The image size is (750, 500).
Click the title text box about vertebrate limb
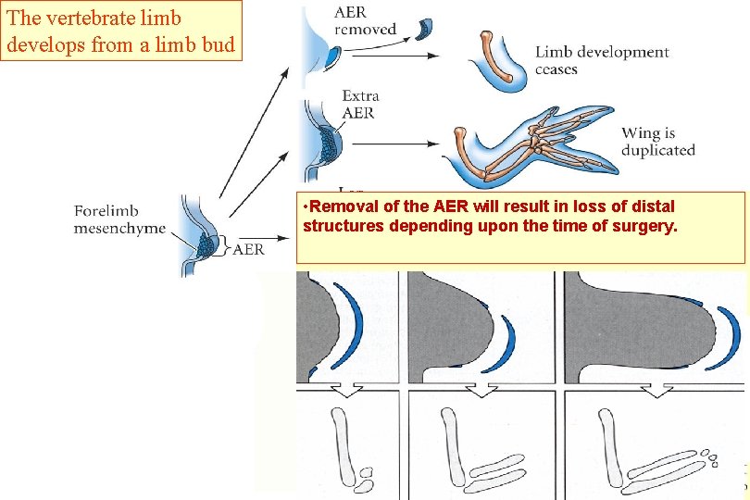[121, 31]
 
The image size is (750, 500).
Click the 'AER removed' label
[366, 19]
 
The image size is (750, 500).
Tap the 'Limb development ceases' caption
[601, 60]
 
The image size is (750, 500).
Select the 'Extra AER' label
[360, 104]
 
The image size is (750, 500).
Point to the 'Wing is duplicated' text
[657, 142]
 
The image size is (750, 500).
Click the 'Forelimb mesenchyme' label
[119, 219]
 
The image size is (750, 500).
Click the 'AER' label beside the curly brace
[248, 249]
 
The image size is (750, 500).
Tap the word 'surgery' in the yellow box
[644, 226]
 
